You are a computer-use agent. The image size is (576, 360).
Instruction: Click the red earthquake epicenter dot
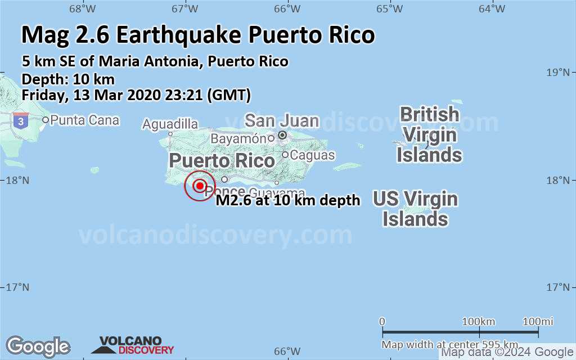click(x=200, y=185)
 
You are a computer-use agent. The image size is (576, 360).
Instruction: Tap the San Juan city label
click(x=282, y=120)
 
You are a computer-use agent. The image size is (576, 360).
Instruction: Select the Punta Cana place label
click(x=85, y=120)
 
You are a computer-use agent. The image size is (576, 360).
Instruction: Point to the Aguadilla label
click(x=170, y=124)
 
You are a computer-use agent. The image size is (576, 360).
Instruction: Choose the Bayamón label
click(x=238, y=138)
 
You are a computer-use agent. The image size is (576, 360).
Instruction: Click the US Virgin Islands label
click(x=415, y=209)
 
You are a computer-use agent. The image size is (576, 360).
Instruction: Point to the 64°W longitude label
click(x=492, y=8)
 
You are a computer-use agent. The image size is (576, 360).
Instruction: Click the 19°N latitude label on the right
click(x=560, y=73)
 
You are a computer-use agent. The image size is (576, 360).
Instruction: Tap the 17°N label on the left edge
click(x=17, y=287)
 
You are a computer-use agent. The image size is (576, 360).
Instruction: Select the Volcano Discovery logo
click(x=133, y=345)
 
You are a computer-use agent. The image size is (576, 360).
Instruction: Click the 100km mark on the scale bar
click(x=479, y=322)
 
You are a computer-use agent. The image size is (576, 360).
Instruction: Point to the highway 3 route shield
click(x=21, y=119)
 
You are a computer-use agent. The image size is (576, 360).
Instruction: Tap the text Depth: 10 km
click(x=68, y=79)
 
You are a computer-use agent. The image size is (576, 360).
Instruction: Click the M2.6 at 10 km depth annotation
click(x=288, y=201)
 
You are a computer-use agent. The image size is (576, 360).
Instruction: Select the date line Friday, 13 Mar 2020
click(x=136, y=95)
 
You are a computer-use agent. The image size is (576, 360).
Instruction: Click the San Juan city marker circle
click(x=282, y=135)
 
